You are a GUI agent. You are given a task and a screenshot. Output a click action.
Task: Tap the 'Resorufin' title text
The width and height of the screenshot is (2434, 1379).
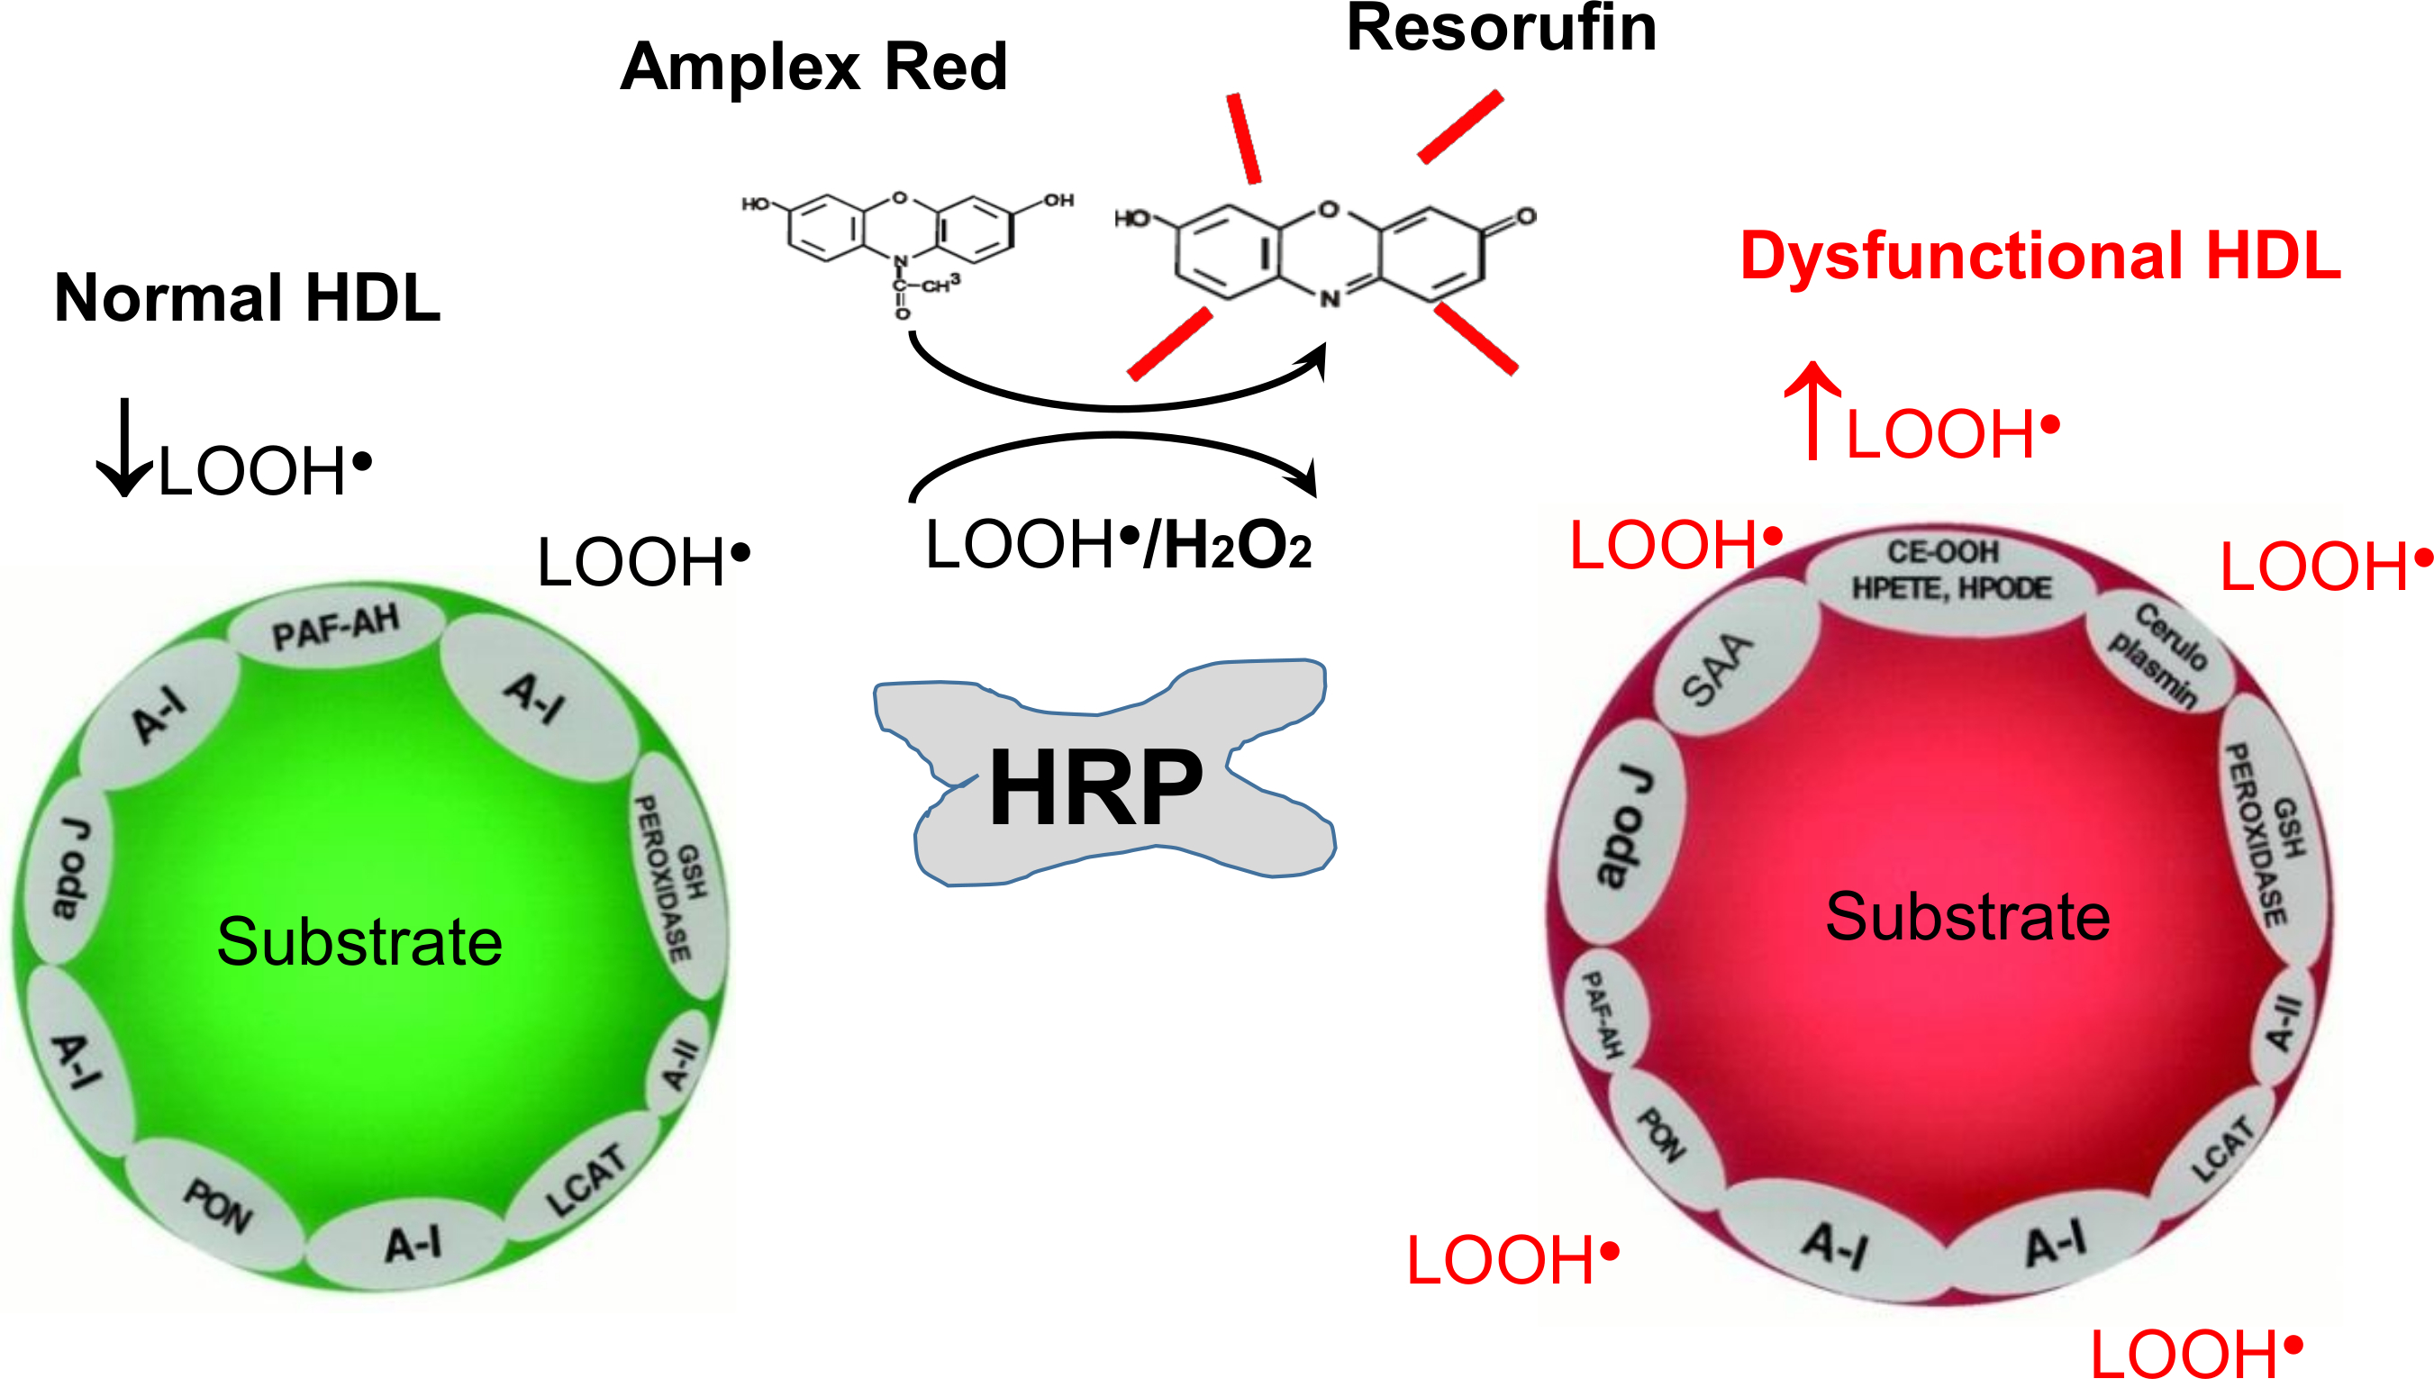coord(1501,29)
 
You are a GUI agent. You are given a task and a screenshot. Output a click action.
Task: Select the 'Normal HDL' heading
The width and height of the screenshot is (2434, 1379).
coord(248,297)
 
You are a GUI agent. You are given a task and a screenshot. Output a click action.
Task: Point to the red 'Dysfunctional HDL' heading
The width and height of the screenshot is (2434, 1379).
coord(2041,256)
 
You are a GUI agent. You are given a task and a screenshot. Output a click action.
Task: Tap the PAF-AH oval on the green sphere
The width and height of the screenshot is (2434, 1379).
coord(335,627)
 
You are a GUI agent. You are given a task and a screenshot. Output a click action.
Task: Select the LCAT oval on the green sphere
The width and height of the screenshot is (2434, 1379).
coord(585,1179)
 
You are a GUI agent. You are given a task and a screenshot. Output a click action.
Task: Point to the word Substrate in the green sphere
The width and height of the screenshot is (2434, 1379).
coord(360,941)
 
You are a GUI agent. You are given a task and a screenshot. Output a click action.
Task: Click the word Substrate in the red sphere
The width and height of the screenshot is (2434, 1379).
coord(1968,917)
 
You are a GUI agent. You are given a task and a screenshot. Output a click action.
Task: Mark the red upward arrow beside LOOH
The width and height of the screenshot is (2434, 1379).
coord(1812,411)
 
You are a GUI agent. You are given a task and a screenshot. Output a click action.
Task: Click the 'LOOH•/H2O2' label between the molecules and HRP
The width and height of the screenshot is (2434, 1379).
coord(1119,546)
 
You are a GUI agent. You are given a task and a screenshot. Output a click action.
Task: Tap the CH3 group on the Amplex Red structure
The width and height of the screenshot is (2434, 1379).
coord(940,284)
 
